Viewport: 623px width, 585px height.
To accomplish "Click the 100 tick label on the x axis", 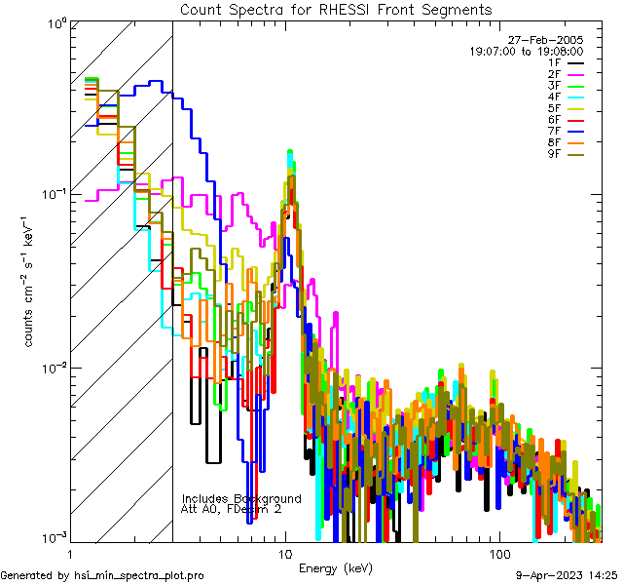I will click(498, 553).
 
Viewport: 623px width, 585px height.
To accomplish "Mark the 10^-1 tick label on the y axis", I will click(53, 193).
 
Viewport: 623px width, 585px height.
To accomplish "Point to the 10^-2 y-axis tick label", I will click(53, 367).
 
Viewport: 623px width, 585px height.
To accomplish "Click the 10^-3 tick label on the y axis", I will click(53, 537).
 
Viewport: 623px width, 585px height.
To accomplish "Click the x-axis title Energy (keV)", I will click(335, 567).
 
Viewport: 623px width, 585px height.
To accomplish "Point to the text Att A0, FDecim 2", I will click(232, 509).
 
